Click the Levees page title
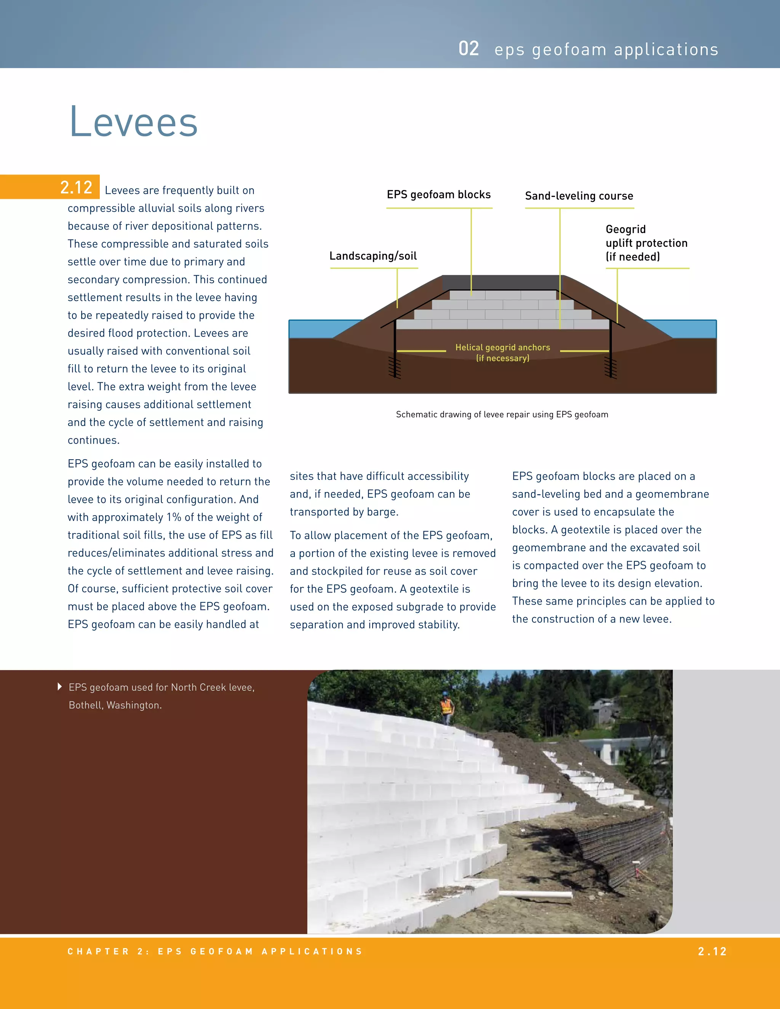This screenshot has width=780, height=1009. click(x=134, y=121)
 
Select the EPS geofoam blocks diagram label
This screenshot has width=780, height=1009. click(x=438, y=195)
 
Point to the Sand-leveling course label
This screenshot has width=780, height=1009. click(x=579, y=196)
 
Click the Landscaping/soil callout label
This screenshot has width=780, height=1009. click(x=373, y=256)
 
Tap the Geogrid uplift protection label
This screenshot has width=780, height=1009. click(x=646, y=243)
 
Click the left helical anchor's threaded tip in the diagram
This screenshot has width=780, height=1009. click(x=395, y=368)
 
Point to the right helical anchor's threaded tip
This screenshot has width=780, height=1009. click(x=611, y=368)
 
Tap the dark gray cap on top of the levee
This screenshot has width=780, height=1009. click(x=501, y=282)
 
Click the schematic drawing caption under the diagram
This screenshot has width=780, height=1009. click(x=502, y=414)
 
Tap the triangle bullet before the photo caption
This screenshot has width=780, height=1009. click(x=60, y=687)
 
